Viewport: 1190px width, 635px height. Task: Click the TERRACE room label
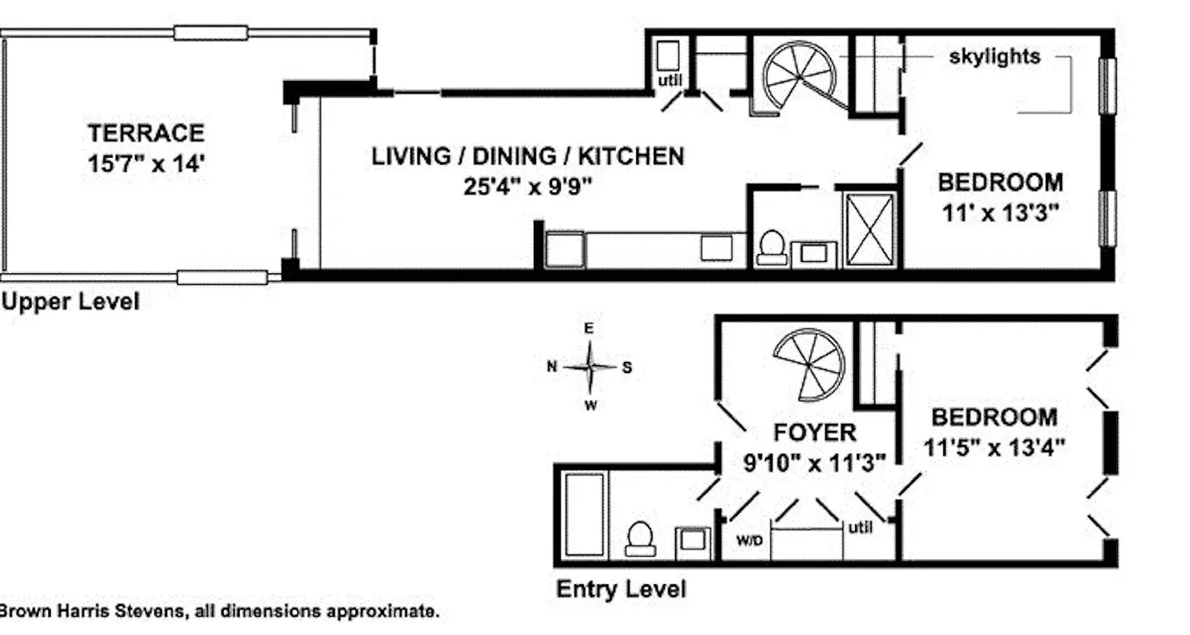point(146,133)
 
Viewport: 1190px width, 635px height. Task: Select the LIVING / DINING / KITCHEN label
point(528,156)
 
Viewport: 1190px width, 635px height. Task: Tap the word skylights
point(994,57)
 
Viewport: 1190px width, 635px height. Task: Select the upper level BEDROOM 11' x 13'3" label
point(1000,198)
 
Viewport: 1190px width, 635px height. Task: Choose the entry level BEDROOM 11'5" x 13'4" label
point(994,431)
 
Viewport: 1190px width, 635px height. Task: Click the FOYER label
point(815,433)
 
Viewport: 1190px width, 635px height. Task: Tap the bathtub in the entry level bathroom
point(585,514)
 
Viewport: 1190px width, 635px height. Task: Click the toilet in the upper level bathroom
point(772,247)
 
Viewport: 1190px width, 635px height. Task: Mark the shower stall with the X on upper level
point(870,230)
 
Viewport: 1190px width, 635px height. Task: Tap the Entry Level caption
point(620,590)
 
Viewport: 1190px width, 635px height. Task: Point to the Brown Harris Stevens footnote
point(218,612)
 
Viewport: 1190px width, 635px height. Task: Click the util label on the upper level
point(670,81)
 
